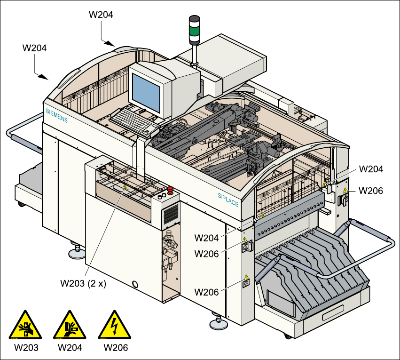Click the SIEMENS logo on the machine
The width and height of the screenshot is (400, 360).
coord(56,115)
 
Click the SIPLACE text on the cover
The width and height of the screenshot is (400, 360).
coord(228,200)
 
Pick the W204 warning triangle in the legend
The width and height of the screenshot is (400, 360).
coord(70,325)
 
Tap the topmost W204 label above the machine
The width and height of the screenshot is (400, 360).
coord(101,15)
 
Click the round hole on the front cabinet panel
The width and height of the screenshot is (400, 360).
coord(136,284)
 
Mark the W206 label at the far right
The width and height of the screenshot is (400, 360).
coord(371,191)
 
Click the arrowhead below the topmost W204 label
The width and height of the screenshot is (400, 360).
coord(110,43)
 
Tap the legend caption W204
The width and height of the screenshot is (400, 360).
coord(70,348)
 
